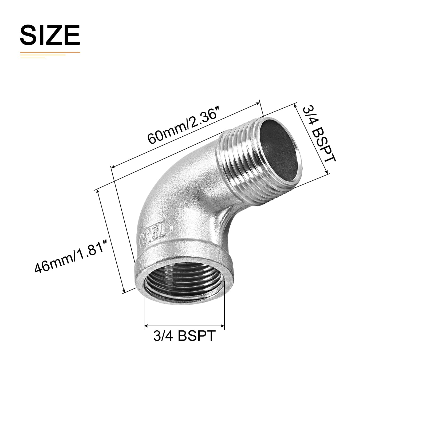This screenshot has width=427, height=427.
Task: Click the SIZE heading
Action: coord(50,35)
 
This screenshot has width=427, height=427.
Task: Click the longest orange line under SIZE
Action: coord(50,53)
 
